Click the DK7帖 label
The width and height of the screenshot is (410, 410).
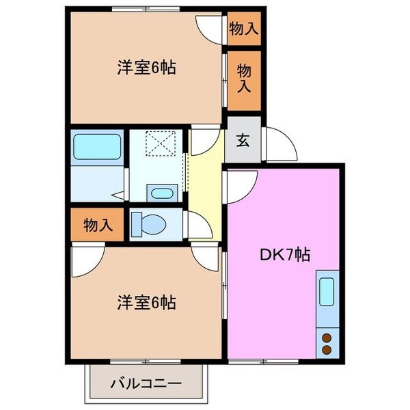tap(285, 255)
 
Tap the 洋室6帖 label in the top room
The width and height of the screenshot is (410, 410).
tap(146, 68)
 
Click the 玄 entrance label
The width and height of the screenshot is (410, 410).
tap(243, 141)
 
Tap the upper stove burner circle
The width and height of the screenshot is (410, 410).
tap(325, 336)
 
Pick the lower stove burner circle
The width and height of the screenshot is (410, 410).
tap(325, 349)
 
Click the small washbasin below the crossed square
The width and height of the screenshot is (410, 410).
tap(162, 192)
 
